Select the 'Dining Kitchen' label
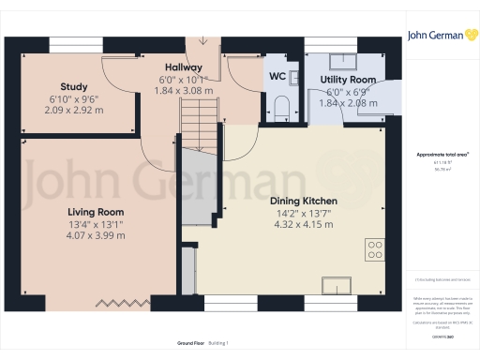point(303,202)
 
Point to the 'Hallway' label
point(183,67)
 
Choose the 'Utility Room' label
point(348,81)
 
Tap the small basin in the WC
point(292,77)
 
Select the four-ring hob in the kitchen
point(375,250)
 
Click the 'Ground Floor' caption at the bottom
point(178,344)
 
